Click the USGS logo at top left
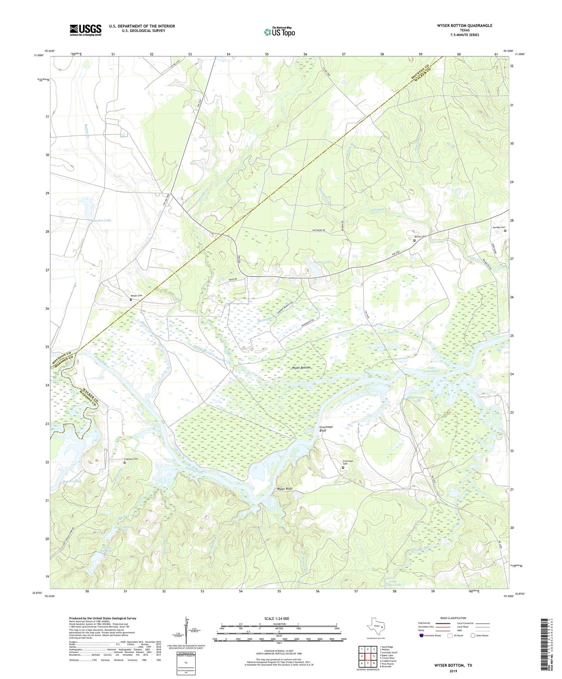[x=86, y=30]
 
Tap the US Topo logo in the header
[x=279, y=32]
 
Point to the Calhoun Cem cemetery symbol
[x=125, y=463]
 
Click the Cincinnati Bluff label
[x=326, y=429]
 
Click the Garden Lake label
[x=102, y=220]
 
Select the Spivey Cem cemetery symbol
[x=414, y=240]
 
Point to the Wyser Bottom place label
[x=301, y=367]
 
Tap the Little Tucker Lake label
[x=396, y=583]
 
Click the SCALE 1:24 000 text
[x=277, y=618]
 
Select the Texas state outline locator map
[x=375, y=627]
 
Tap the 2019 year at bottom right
[x=453, y=671]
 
